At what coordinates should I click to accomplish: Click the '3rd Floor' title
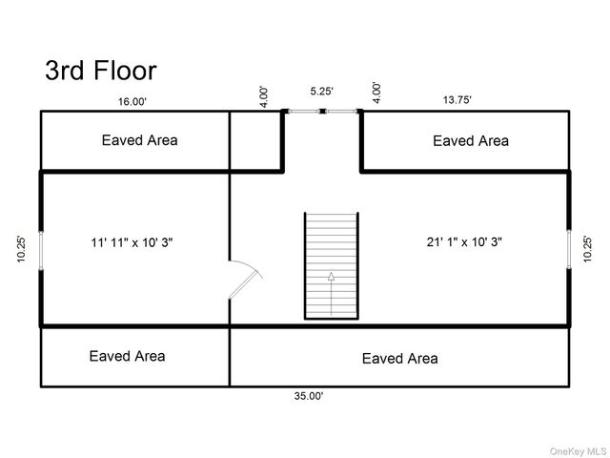(x=100, y=70)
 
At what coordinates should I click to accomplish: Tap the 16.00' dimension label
(x=132, y=101)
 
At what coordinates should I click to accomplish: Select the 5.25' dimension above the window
(x=321, y=92)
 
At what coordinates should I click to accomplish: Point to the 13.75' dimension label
(x=457, y=99)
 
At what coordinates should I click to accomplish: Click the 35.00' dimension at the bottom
(x=309, y=395)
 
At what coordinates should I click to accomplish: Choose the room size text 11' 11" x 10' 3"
(x=132, y=242)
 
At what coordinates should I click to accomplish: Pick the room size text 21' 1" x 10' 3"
(x=464, y=242)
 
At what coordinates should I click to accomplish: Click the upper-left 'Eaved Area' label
(x=139, y=140)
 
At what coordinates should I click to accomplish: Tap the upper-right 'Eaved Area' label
(x=470, y=141)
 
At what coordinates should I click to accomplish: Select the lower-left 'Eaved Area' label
(x=127, y=356)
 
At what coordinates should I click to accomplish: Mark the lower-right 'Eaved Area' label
(x=399, y=359)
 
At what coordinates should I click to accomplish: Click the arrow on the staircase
(x=331, y=292)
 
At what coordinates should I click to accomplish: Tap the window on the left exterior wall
(x=40, y=249)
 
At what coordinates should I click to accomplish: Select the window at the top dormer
(x=322, y=112)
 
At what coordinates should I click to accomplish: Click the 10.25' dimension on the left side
(x=21, y=249)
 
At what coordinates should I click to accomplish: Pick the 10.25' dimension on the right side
(x=588, y=249)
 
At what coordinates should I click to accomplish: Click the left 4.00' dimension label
(x=264, y=95)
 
